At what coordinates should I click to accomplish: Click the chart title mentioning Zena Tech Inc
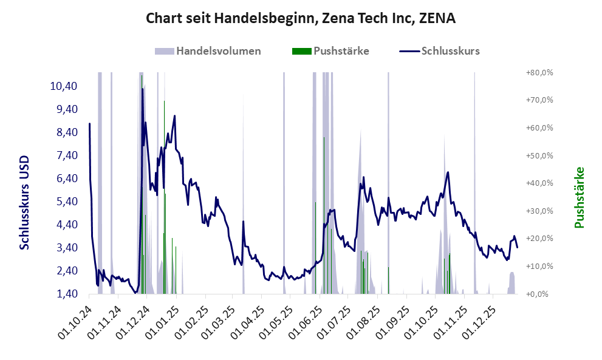pos(301,19)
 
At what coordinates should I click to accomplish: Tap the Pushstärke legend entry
pos(331,51)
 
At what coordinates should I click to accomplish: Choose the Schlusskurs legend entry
pos(440,51)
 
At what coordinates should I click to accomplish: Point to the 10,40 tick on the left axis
pos(63,86)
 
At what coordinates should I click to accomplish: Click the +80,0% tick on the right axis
pos(538,72)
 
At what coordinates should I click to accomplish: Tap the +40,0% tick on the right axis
pos(538,183)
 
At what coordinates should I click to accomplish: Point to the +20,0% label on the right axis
pos(538,239)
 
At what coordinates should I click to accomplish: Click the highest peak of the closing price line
pos(143,89)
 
